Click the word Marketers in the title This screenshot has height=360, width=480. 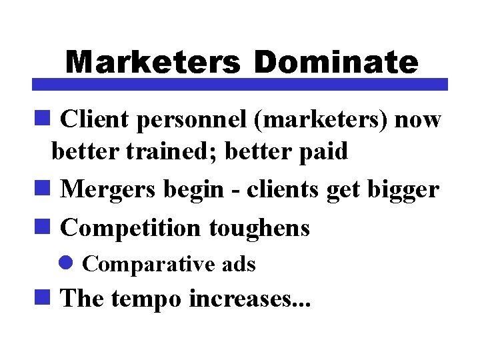(x=153, y=62)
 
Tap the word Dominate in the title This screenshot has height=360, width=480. (x=335, y=62)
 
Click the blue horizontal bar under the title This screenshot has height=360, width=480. (x=240, y=85)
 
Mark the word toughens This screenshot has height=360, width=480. (x=259, y=228)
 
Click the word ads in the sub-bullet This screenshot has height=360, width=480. (x=239, y=265)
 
